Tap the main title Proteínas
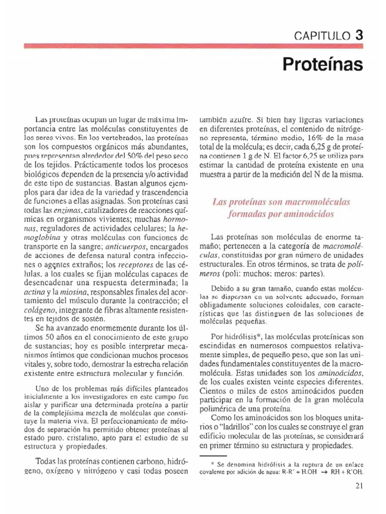pyautogui.click(x=322, y=64)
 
